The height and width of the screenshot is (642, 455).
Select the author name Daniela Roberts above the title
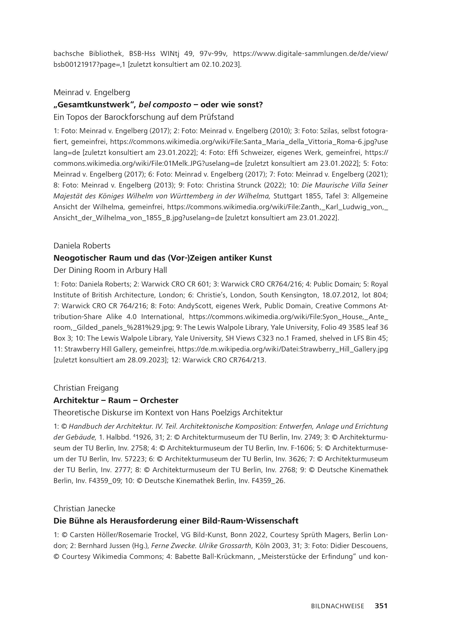tap(82, 246)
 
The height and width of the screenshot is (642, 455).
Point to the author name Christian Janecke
tap(84, 509)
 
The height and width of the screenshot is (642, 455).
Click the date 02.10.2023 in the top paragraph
tap(220, 65)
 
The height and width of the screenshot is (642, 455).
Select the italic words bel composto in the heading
tap(165, 105)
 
